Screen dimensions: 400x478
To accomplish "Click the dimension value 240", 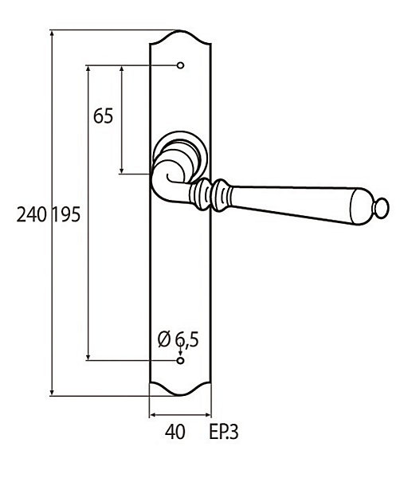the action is (31, 214).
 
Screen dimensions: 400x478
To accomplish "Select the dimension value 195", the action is (66, 214).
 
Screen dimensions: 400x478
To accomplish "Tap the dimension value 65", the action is (103, 116).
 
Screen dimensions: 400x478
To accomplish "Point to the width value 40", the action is (175, 432).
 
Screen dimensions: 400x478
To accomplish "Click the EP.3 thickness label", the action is (223, 432).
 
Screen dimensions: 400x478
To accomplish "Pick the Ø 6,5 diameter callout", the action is (178, 339).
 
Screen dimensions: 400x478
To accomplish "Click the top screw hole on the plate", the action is (181, 65).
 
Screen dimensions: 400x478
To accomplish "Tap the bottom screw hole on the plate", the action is (181, 361).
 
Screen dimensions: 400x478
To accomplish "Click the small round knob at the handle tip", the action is (382, 208).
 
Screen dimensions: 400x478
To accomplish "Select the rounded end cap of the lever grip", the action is (361, 206).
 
